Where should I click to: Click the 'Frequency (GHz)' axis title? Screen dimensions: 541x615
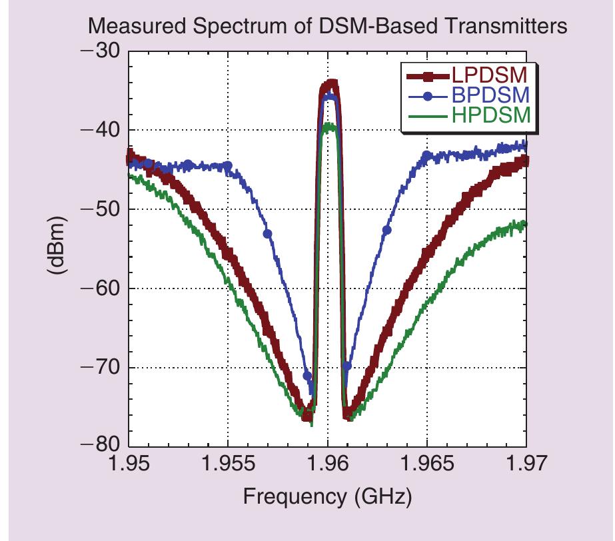[x=326, y=496]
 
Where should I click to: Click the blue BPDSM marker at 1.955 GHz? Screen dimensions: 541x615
[x=228, y=166]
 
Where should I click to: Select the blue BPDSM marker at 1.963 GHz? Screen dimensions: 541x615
[x=386, y=230]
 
